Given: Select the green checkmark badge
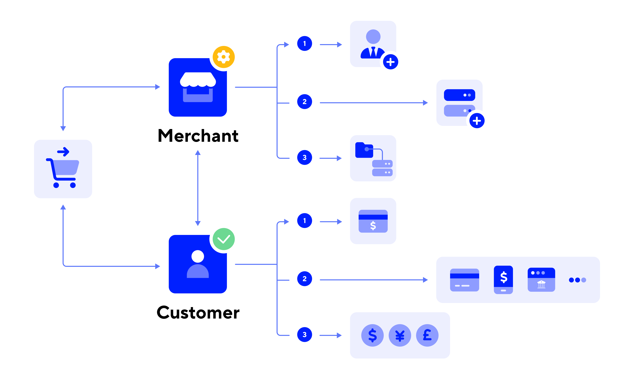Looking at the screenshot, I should point(224,239).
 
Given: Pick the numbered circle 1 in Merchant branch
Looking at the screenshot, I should point(304,44).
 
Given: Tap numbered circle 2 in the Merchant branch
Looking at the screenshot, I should point(304,102).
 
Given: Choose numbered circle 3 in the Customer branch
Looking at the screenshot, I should point(304,335).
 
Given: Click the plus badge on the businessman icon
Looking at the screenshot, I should point(390,62).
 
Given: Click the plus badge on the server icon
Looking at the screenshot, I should point(477,121).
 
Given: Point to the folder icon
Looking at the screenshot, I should point(364,150).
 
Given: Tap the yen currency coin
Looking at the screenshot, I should point(400,335).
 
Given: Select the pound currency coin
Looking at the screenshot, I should point(427,335).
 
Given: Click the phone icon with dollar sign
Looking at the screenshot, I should point(503,280).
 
